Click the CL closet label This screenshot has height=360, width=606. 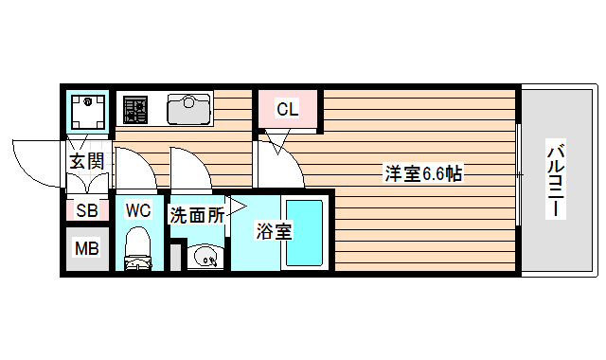(x=287, y=110)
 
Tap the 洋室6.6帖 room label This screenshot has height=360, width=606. (x=422, y=174)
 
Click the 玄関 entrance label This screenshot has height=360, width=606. (x=86, y=161)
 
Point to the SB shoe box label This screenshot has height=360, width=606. (x=86, y=211)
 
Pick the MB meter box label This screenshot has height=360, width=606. (x=86, y=250)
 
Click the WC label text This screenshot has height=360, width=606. (x=138, y=210)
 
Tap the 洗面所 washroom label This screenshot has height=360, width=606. (x=196, y=215)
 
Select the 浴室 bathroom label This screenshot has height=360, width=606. (x=274, y=231)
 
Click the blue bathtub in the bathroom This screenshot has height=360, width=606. (x=307, y=232)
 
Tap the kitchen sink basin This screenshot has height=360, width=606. (x=188, y=110)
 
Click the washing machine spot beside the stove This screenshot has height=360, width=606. (x=90, y=110)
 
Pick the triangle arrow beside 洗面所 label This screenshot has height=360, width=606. (x=235, y=207)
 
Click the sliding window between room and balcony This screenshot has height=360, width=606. (x=519, y=176)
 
